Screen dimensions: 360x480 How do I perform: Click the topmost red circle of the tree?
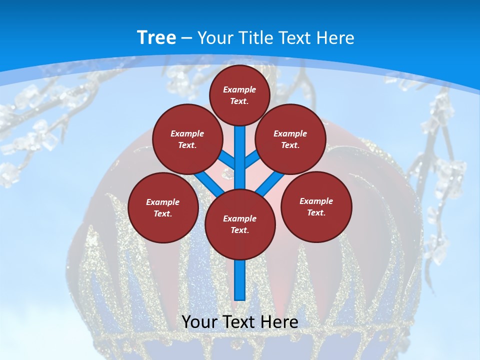click(239, 95)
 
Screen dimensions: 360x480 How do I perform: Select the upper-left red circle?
click(187, 139)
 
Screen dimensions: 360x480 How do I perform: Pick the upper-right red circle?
click(290, 139)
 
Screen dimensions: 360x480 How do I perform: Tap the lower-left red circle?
click(163, 207)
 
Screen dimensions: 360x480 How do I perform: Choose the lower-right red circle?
click(316, 206)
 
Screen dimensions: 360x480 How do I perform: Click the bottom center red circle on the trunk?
click(240, 224)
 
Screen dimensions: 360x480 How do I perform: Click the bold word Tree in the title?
click(156, 38)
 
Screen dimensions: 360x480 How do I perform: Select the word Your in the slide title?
click(214, 38)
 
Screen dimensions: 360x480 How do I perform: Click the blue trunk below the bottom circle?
click(240, 280)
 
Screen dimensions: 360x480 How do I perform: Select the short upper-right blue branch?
click(252, 159)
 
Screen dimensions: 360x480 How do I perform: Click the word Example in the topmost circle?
click(239, 89)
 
